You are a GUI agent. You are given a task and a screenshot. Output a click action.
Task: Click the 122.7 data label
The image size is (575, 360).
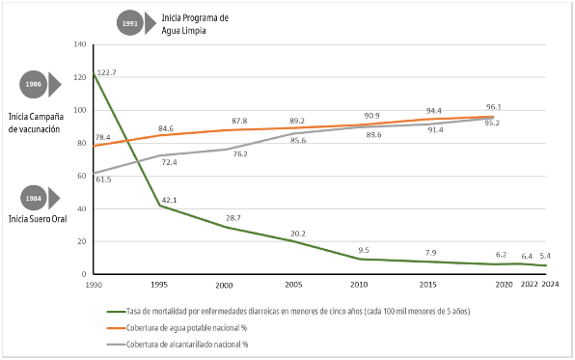pos(107,72)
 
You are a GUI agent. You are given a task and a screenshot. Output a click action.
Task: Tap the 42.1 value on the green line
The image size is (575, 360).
pos(169,200)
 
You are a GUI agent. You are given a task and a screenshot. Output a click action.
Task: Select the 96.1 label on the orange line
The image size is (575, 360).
pos(494,107)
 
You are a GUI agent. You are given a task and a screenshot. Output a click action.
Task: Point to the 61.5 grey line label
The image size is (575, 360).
pos(104,180)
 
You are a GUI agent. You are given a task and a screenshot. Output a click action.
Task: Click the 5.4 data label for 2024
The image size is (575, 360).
pos(545,256)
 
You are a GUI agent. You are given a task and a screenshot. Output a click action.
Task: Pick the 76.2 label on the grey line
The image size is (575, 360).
pos(240,154)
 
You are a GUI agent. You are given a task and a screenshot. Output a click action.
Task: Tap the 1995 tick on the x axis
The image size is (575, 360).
pos(159,285)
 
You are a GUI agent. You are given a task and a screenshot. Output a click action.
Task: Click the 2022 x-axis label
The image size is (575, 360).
pos(530,284)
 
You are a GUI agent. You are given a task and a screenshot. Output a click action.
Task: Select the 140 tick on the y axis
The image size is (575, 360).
pos(80,44)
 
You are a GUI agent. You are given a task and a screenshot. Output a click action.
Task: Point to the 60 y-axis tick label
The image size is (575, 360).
pos(82,176)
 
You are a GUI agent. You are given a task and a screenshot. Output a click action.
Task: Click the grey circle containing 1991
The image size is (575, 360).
pos(130,23)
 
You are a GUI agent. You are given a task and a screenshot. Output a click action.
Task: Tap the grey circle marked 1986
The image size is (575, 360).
pos(33,84)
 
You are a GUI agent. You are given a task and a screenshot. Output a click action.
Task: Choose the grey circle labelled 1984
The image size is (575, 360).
pos(34,198)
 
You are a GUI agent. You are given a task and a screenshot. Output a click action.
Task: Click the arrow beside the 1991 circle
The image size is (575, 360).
pos(151,23)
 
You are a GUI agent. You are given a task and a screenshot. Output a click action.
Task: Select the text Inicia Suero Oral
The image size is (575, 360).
pos(38,219)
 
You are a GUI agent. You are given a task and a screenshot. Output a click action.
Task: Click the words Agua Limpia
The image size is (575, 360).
pos(183,31)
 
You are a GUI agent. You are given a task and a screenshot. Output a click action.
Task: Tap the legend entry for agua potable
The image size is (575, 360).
pos(177,328)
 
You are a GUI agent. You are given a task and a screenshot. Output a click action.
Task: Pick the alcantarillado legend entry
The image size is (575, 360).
pos(178,345)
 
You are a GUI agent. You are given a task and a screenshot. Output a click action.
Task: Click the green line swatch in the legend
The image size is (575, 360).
pos(116,312)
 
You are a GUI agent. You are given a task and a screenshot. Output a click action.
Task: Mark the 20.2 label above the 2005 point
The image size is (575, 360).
pos(298,234)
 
